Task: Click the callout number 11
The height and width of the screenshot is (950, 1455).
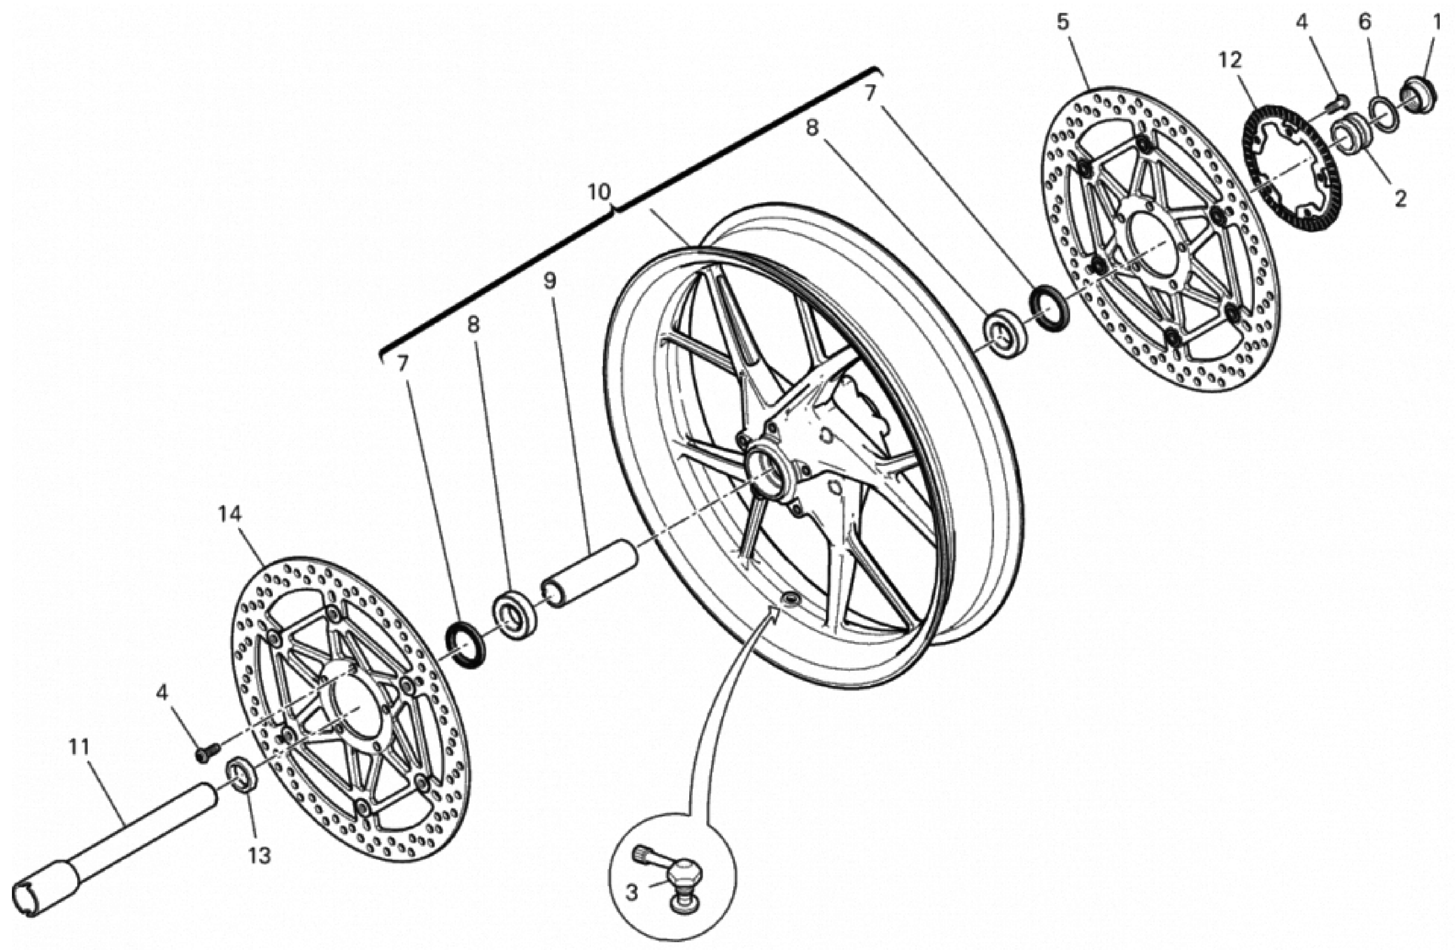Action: point(79,747)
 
